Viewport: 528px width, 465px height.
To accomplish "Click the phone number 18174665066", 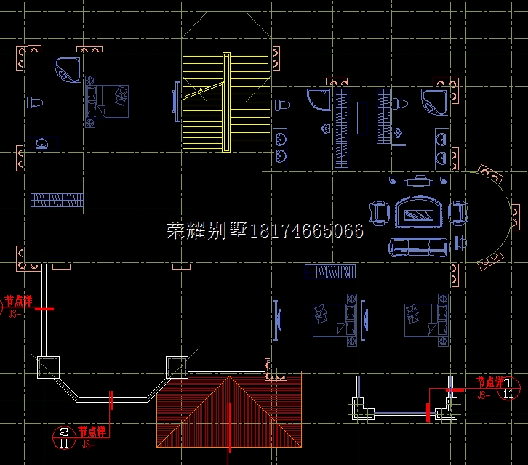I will [x=306, y=231].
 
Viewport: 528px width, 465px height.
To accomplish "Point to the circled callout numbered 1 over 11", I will [x=508, y=388].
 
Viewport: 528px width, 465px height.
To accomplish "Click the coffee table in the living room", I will [x=418, y=213].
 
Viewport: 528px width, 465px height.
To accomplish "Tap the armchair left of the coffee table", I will [x=380, y=211].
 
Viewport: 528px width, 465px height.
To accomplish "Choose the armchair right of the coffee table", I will [x=457, y=212].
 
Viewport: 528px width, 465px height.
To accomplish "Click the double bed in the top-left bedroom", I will [x=108, y=101].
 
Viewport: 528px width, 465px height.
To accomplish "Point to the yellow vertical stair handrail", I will [x=226, y=102].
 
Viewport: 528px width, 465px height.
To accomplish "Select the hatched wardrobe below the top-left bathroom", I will [x=56, y=199].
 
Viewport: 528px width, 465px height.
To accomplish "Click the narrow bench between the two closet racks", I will [x=361, y=116].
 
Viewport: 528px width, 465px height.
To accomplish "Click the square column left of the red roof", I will [x=49, y=367].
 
